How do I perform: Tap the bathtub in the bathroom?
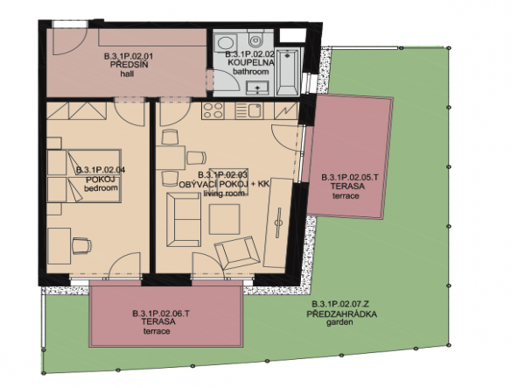coord(288,72)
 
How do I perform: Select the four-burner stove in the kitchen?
coord(213,110)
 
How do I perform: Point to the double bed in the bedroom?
coord(84,176)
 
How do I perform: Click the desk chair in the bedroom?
coord(81,245)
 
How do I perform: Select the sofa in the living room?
coord(184,220)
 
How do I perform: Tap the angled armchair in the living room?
coord(238,252)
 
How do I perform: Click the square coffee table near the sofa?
coord(224,219)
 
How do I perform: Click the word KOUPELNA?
coord(251,62)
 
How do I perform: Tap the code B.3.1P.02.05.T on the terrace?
coord(350,178)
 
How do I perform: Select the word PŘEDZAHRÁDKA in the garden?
coord(342,314)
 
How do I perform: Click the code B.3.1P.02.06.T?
coord(161,314)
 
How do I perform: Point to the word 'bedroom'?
coord(101,188)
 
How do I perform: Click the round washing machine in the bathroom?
coord(226,44)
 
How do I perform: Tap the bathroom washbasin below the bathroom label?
coord(257,88)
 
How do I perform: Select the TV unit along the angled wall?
coord(278,222)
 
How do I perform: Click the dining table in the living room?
coord(171,158)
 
